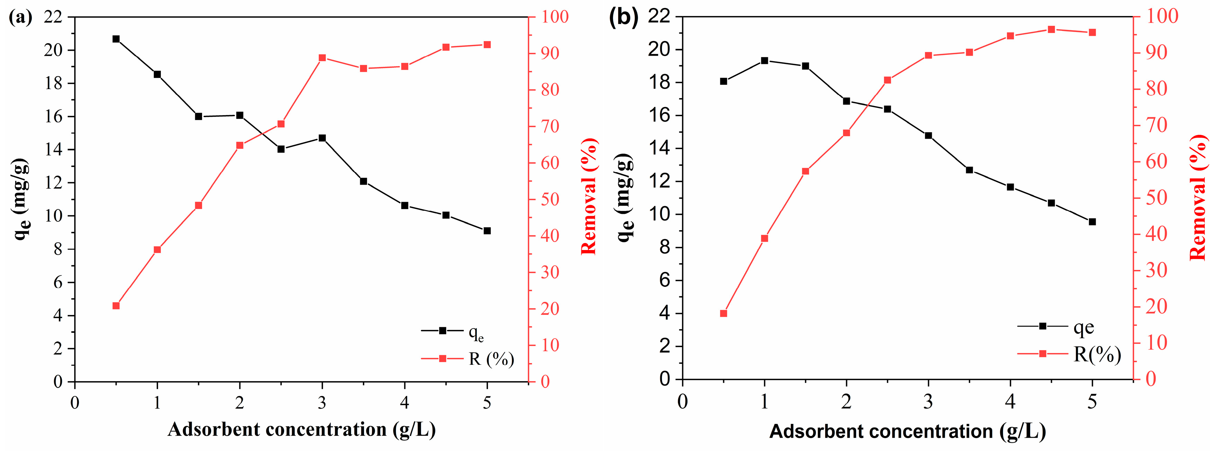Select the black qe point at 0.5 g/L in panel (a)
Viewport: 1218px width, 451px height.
coord(116,39)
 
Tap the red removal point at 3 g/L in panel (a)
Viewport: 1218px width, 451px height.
coord(322,58)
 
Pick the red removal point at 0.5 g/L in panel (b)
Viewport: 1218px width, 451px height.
coord(723,313)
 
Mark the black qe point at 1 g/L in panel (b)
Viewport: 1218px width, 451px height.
coord(764,61)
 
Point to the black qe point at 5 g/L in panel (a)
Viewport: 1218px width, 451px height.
coord(487,231)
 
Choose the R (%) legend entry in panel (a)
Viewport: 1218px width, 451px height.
coord(491,359)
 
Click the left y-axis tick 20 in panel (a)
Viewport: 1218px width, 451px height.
coord(53,50)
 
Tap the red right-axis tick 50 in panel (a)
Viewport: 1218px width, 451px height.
coord(550,199)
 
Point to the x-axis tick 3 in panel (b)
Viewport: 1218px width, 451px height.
coord(928,402)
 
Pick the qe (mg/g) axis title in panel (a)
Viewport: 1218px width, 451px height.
coord(21,199)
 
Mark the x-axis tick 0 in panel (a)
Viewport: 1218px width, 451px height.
coord(75,403)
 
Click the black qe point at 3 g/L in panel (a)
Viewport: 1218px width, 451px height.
coord(322,138)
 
